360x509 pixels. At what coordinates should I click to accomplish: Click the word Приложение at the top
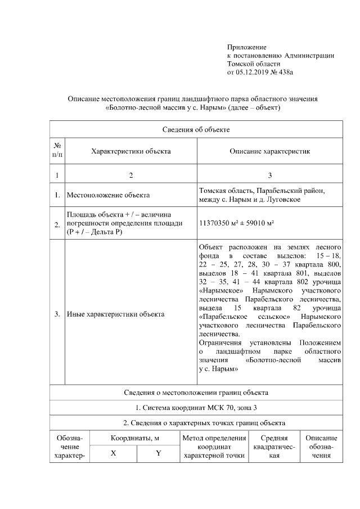(247, 47)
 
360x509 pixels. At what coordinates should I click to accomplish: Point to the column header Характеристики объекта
(131, 151)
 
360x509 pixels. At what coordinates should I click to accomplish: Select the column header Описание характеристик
(269, 151)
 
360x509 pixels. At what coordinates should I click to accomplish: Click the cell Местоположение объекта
(108, 195)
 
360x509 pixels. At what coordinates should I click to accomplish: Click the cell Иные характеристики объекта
(115, 314)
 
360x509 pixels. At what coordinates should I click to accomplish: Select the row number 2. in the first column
(57, 225)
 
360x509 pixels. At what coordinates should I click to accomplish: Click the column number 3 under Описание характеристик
(269, 175)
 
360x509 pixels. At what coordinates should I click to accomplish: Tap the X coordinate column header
(113, 454)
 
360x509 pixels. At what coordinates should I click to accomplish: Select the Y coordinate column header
(159, 454)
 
